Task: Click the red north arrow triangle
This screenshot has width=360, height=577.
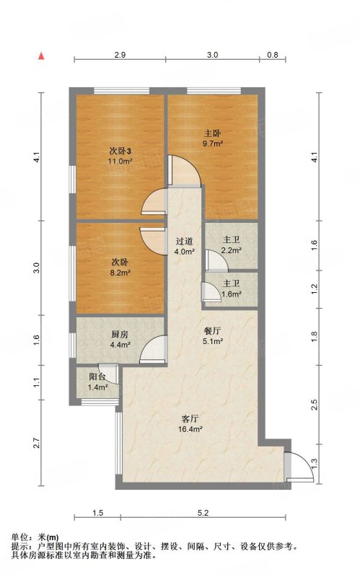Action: click(x=42, y=56)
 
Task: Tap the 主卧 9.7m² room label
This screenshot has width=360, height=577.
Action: click(x=213, y=138)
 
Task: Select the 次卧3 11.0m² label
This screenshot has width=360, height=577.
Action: click(x=120, y=156)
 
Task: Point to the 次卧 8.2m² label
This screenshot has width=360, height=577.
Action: click(x=120, y=268)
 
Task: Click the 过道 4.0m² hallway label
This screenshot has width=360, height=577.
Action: click(x=184, y=247)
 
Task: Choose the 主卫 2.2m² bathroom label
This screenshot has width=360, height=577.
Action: click(x=231, y=245)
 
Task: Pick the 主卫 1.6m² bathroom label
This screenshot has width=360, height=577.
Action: click(x=231, y=288)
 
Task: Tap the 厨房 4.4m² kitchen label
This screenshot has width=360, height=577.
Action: click(x=120, y=340)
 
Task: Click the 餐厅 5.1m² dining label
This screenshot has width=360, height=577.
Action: click(x=213, y=335)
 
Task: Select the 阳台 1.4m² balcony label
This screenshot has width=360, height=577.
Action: click(x=97, y=382)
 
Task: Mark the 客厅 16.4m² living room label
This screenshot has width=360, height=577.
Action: click(x=190, y=423)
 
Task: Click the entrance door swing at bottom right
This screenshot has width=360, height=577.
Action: click(x=299, y=466)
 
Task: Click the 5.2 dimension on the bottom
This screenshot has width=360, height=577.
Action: click(x=203, y=513)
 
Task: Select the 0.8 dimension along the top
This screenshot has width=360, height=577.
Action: click(x=273, y=55)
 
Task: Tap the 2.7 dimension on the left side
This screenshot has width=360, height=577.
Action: click(x=36, y=443)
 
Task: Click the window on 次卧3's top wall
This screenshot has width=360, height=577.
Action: click(x=122, y=91)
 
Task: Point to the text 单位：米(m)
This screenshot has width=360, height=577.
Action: click(x=35, y=537)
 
